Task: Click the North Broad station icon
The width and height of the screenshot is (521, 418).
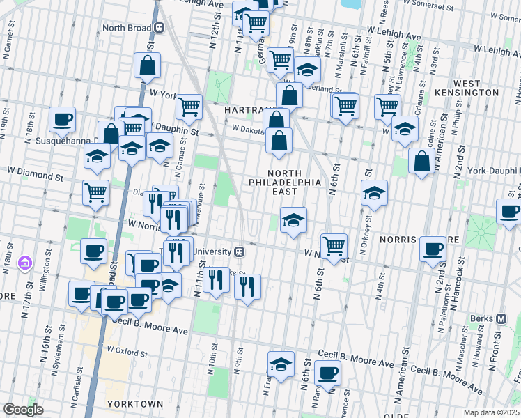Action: [x=160, y=28]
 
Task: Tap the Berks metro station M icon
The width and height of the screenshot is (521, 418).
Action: [x=501, y=319]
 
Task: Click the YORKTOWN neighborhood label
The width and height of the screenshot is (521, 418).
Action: [x=135, y=404]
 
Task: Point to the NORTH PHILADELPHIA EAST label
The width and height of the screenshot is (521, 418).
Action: [x=285, y=183]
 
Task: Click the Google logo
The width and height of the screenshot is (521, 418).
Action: [x=23, y=409]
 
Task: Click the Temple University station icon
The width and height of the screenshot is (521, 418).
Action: [x=239, y=251]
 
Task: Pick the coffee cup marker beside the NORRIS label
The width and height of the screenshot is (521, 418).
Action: [x=433, y=249]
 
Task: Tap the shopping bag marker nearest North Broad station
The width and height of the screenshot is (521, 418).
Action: [x=148, y=67]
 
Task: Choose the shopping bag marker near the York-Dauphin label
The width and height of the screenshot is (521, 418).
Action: [x=422, y=162]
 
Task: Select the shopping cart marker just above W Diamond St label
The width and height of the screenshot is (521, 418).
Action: [x=95, y=193]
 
